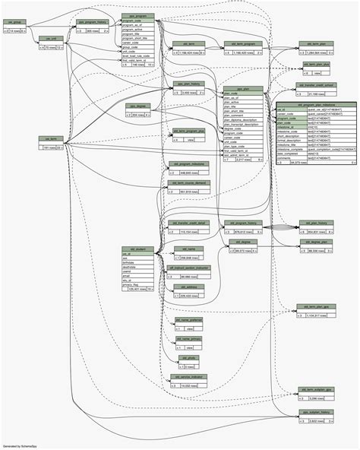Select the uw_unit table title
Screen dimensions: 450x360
tap(50, 39)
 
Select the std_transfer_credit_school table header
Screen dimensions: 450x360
tap(317, 85)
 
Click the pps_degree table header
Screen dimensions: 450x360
tap(137, 106)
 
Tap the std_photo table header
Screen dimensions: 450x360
tap(188, 357)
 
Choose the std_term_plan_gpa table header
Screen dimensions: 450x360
tap(317, 306)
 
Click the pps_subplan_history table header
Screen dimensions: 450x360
tap(317, 411)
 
